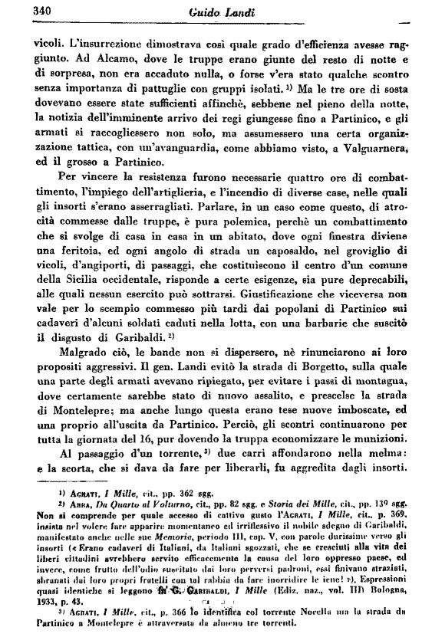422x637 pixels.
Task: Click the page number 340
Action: tap(26, 11)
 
